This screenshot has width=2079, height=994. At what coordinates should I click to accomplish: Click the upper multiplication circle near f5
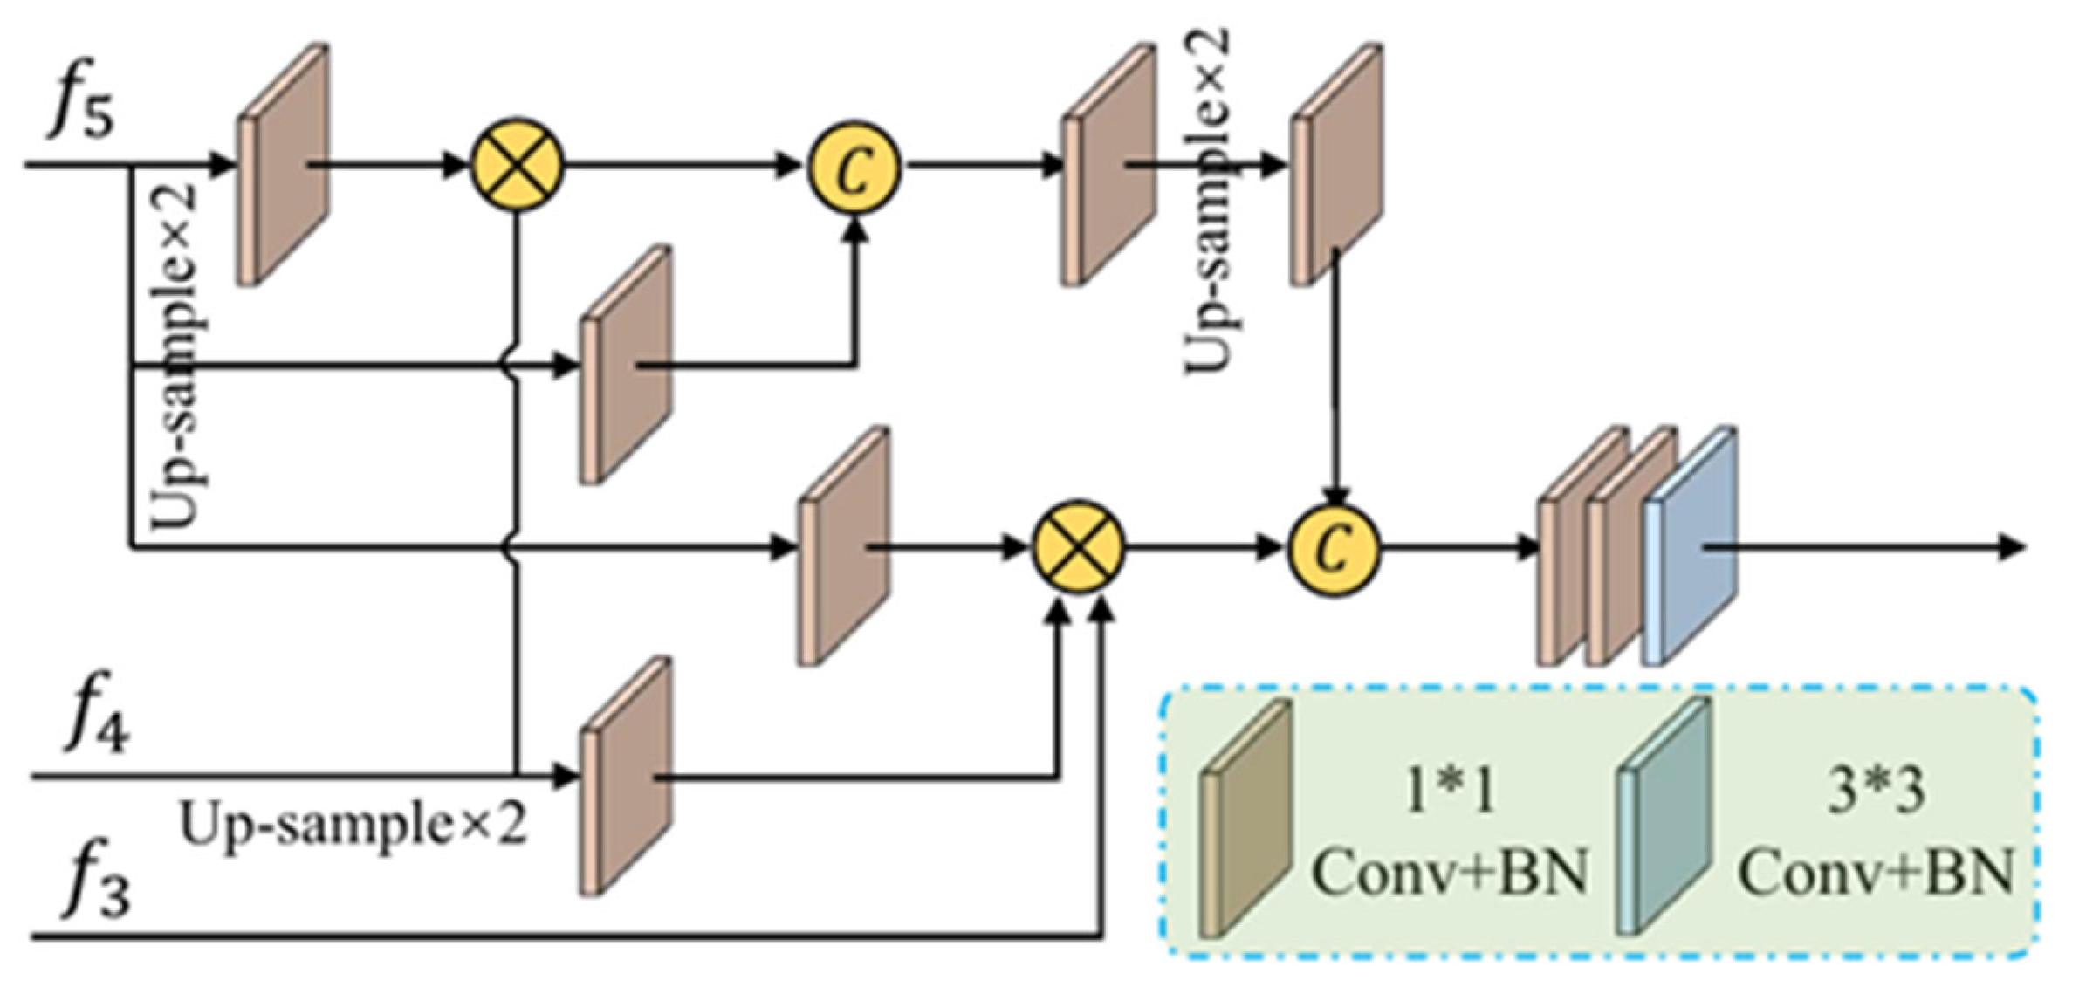point(518,164)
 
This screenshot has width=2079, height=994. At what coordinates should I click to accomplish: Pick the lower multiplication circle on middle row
point(1079,547)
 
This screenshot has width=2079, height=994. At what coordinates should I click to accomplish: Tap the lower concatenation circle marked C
point(1334,549)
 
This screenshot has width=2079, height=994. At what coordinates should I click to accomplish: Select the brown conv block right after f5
point(284,164)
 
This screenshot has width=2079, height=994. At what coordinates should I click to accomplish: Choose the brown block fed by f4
point(626,776)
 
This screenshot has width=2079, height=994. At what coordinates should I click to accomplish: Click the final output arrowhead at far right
point(2012,548)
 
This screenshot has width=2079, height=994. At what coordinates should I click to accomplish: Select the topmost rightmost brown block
point(1337,164)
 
